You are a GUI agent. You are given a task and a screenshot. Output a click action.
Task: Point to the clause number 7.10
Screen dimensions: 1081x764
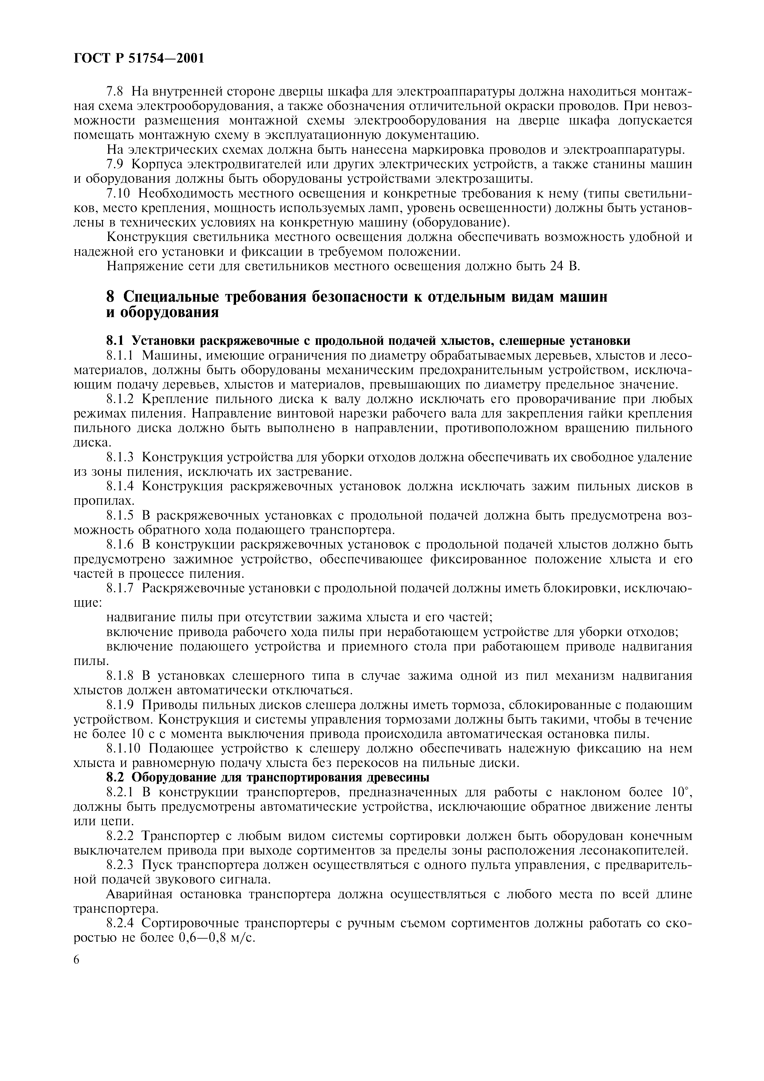coord(119,194)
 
